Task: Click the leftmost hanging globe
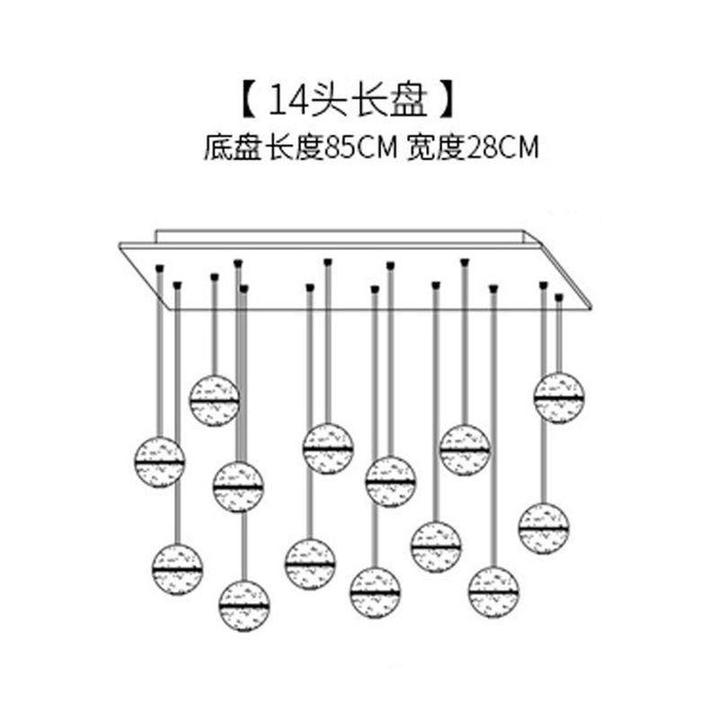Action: point(160,461)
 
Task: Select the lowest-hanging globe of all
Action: point(244,606)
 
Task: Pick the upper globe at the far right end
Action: point(559,397)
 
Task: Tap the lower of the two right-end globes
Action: point(544,528)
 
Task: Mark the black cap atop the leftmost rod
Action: point(159,267)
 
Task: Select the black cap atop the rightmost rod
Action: point(559,296)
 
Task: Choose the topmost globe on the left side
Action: point(214,400)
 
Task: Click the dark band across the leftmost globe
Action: point(160,462)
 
